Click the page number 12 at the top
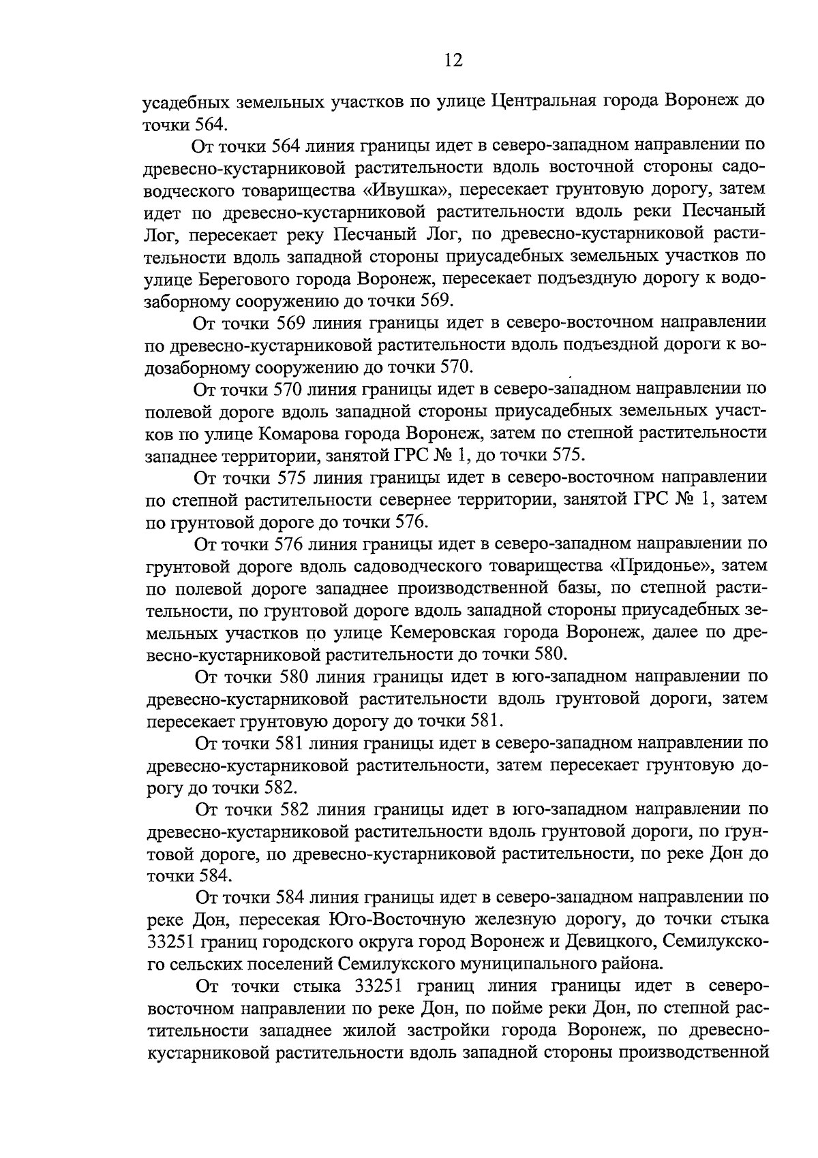coord(453,61)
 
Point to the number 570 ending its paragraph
coord(453,367)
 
